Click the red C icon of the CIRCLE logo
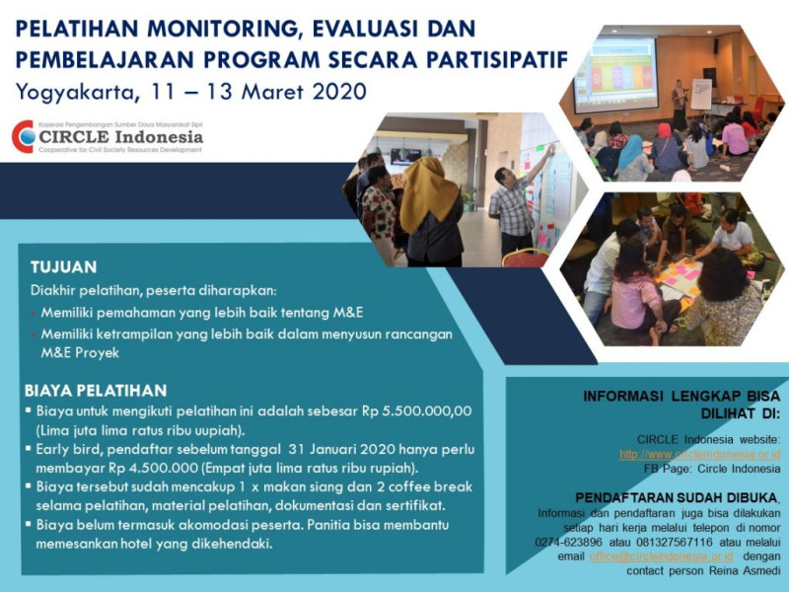23,136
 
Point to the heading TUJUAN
63,267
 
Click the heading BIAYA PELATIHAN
96,391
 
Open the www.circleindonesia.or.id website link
699,454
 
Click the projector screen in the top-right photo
614,73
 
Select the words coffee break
424,486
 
